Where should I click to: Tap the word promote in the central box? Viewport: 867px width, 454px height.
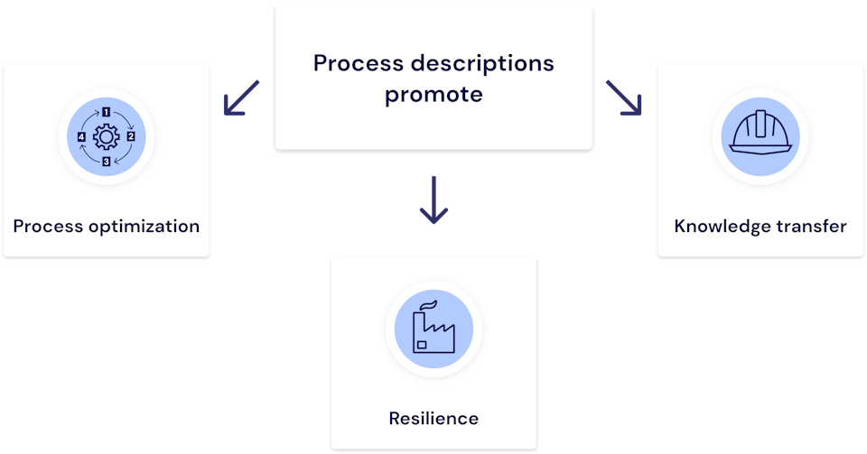433,94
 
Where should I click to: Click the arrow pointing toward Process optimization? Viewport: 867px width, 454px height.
240,98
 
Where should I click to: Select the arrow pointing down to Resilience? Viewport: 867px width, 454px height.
433,200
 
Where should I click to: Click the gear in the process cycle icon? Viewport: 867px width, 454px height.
107,137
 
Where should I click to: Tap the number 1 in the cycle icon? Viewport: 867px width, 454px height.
107,113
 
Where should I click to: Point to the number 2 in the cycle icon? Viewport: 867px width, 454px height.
131,137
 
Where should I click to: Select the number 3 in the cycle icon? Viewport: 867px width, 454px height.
107,162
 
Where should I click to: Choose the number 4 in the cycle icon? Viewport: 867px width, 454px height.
82,137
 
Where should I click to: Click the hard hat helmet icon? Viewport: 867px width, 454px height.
760,135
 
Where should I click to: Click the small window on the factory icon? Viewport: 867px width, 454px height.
421,344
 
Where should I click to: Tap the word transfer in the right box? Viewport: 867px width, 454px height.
814,226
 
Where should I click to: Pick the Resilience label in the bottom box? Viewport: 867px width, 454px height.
433,419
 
